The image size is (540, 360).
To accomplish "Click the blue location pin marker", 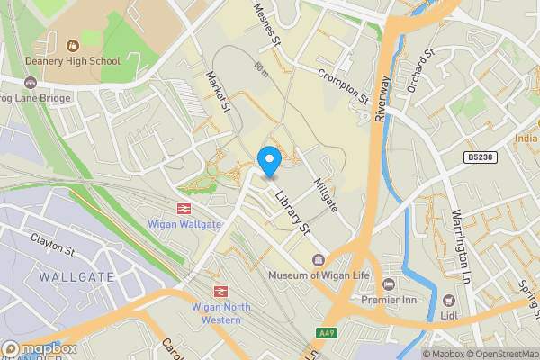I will (x=269, y=160).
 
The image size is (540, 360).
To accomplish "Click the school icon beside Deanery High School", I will (x=73, y=43).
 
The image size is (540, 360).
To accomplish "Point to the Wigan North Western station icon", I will (x=219, y=291).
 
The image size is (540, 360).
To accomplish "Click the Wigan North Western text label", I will (x=220, y=314).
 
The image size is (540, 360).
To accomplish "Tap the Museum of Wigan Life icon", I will (x=316, y=260).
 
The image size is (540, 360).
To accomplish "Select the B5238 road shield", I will (x=481, y=157).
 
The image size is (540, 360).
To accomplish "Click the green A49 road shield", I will (x=329, y=333).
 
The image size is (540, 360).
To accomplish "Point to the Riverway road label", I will (x=382, y=96).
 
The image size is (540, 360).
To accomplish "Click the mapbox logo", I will (x=39, y=349).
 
